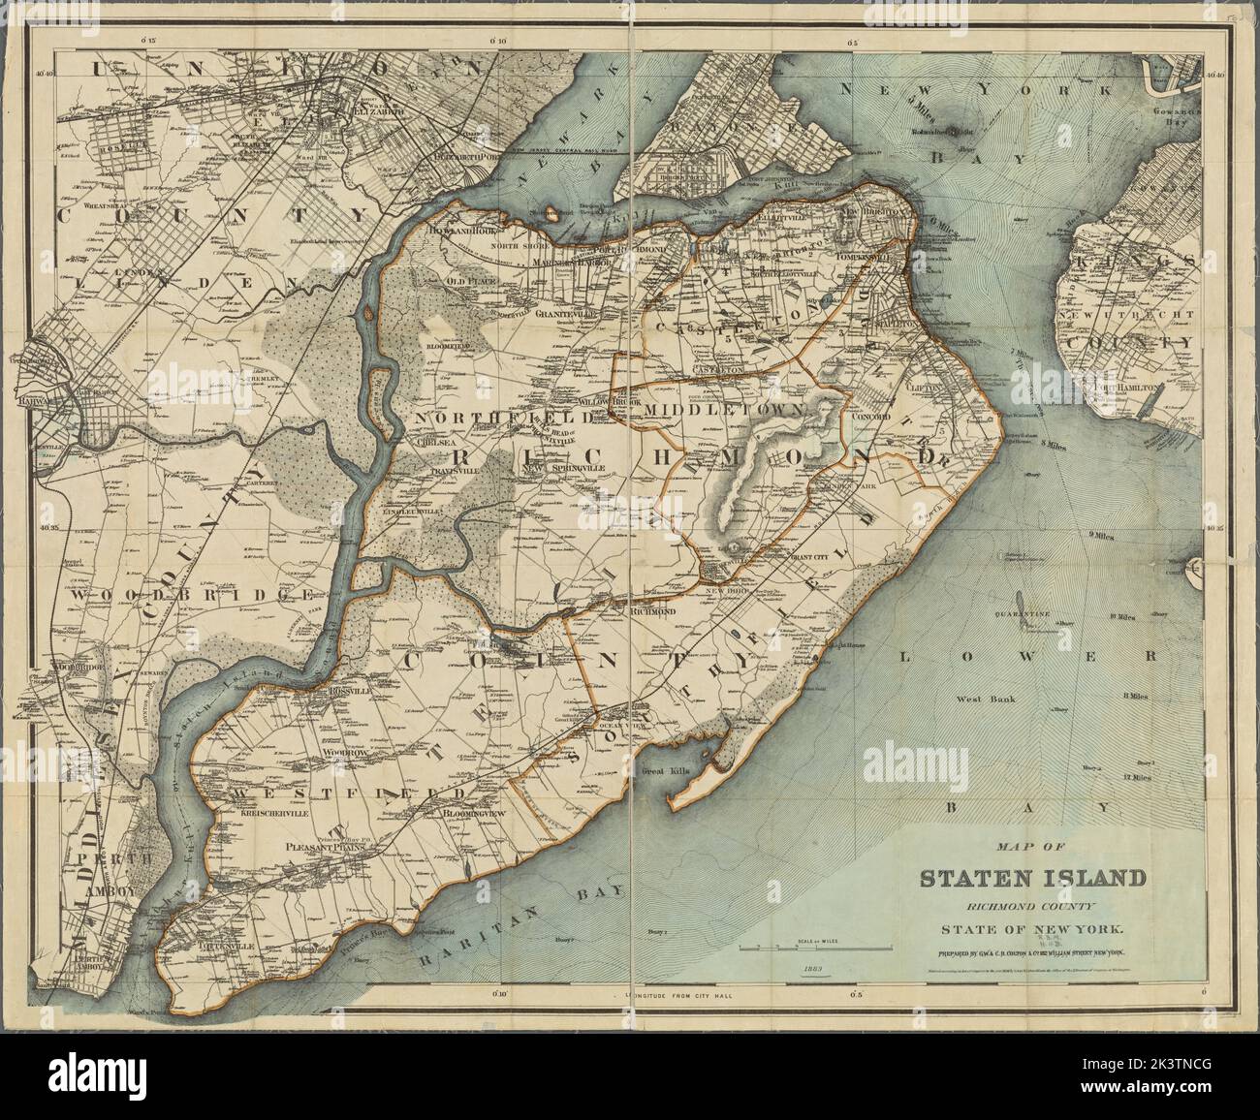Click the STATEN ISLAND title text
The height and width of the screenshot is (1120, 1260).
tap(1032, 879)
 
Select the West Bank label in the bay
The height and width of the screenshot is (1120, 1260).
tap(984, 699)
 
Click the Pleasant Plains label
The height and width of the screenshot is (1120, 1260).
tap(335, 846)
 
